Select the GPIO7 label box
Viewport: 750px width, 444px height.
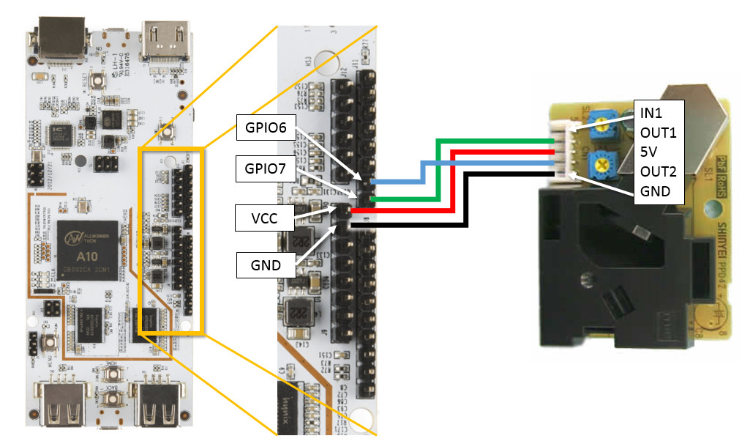[x=265, y=171]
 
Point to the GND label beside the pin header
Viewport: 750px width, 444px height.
[x=266, y=264]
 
